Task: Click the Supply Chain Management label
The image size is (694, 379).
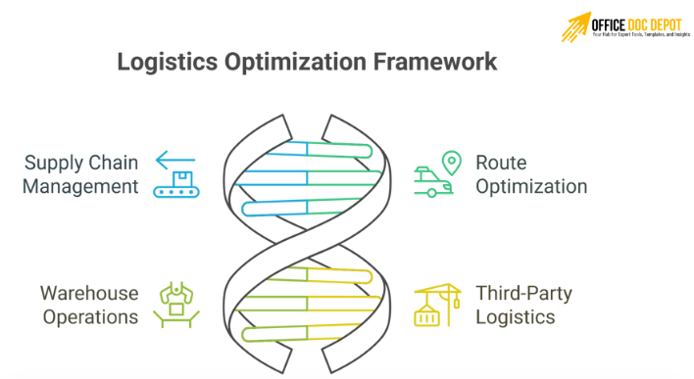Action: pos(81,174)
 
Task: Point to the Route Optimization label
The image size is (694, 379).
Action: pos(530,174)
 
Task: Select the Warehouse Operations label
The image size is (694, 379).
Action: pos(89,305)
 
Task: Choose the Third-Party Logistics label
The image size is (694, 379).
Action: pos(523,305)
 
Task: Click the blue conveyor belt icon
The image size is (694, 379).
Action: pos(176,185)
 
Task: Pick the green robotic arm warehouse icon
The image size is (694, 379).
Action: pos(176,305)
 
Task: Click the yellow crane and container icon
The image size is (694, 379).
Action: pos(436,305)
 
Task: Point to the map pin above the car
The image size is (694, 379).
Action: pos(450,162)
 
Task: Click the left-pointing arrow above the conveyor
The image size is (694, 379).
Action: pos(176,159)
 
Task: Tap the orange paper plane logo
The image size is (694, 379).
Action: pos(575,26)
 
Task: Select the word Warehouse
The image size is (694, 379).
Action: pos(89,293)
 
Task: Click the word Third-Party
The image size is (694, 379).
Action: pos(523,293)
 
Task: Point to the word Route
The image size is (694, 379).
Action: pos(500,163)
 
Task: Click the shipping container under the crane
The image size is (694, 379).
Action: pos(426,315)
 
